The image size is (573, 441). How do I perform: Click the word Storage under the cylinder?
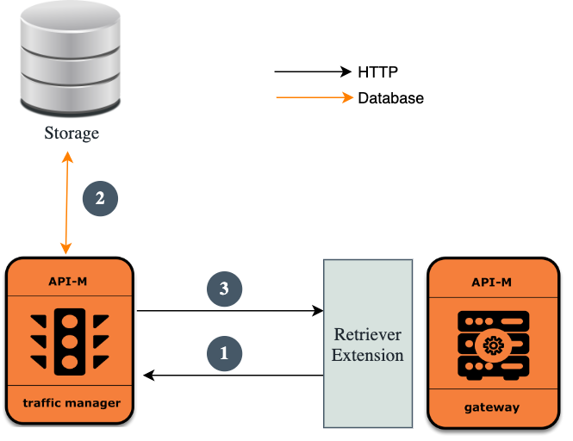point(72,134)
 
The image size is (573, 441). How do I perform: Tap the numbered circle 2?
point(100,198)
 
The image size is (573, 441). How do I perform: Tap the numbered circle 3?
point(224,289)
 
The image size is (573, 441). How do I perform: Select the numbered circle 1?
point(224,352)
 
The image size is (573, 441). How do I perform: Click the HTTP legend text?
point(377,71)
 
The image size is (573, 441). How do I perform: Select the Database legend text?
point(390,98)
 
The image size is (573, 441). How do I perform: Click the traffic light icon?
point(70,342)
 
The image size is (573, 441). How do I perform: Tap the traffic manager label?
point(70,402)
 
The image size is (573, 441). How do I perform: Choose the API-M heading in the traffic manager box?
point(70,281)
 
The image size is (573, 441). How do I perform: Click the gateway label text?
point(494,407)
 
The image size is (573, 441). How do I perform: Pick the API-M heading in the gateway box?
point(494,283)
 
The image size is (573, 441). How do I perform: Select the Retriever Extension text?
point(367,345)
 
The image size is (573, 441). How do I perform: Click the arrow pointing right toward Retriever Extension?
point(228,310)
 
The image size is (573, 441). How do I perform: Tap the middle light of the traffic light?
point(70,342)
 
